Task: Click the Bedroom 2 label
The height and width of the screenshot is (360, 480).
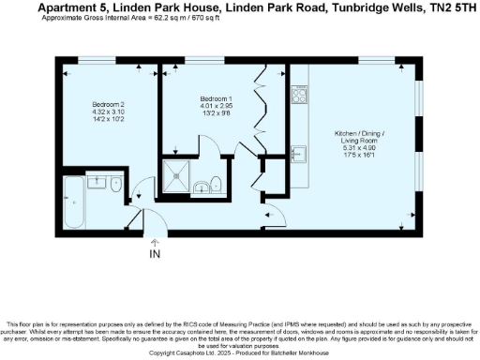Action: tap(108, 103)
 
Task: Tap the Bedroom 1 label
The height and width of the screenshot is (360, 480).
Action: tap(217, 98)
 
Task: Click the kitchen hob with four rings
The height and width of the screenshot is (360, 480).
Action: tap(301, 95)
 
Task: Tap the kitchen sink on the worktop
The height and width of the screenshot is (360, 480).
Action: tap(300, 154)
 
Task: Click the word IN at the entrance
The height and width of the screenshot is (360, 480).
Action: tap(154, 252)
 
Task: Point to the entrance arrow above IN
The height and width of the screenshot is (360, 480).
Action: tap(154, 242)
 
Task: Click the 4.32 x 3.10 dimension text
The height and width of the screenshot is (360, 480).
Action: tap(108, 112)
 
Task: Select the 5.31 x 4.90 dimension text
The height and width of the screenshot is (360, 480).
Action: tap(360, 147)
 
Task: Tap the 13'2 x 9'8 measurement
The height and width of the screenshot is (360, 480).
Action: tap(217, 112)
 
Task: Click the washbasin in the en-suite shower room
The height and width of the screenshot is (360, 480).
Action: tap(202, 187)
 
